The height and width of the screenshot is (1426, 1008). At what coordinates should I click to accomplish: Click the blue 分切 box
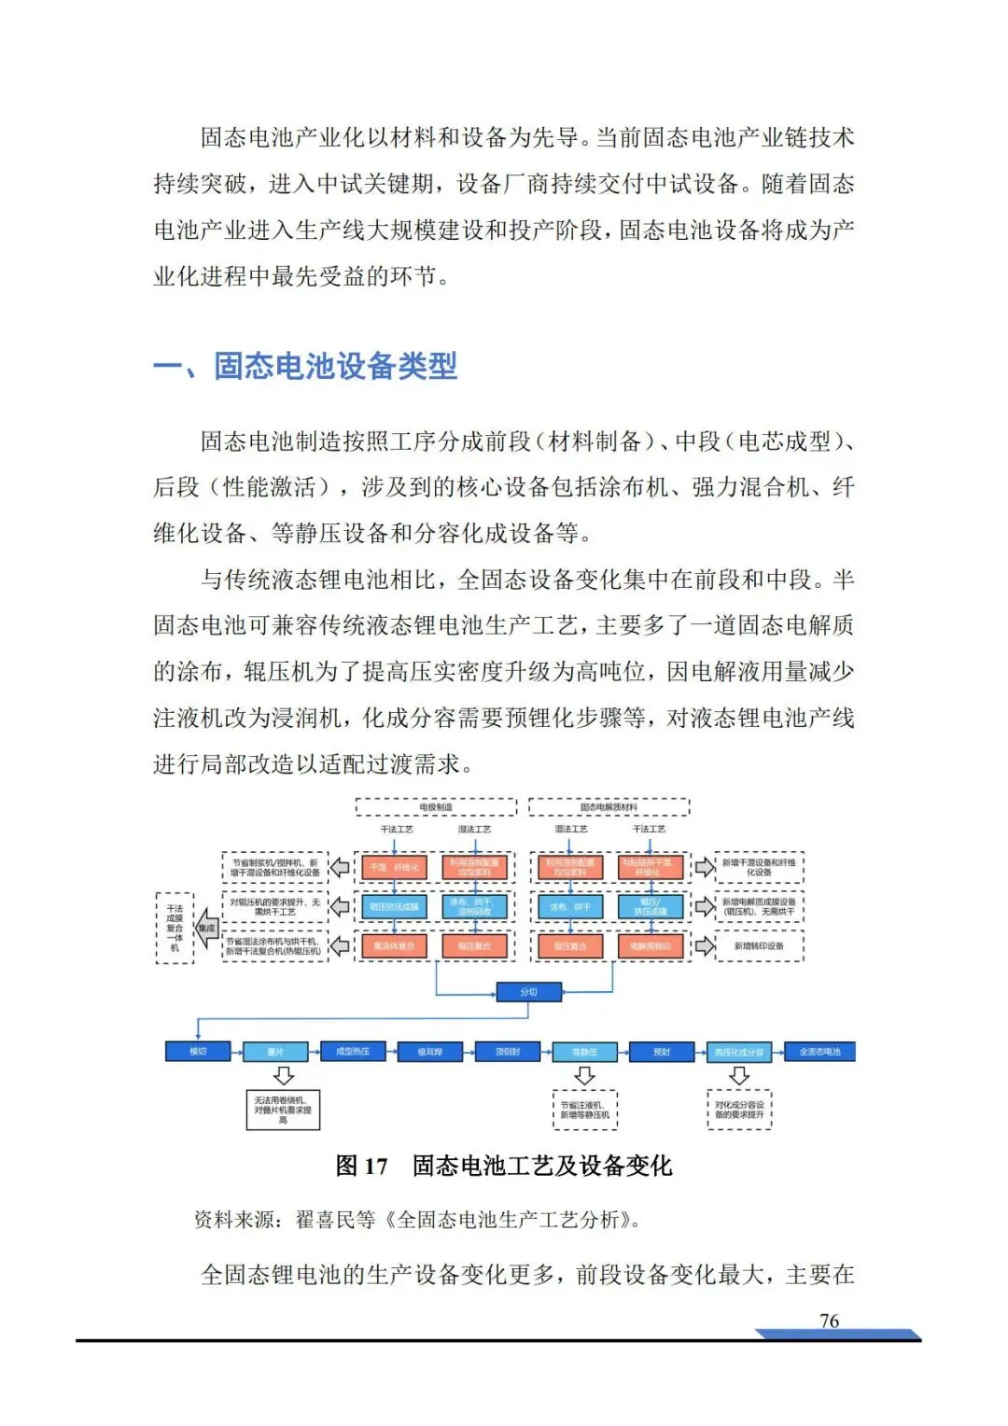(x=528, y=991)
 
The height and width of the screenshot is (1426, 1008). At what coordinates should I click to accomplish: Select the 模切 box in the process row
(x=198, y=1052)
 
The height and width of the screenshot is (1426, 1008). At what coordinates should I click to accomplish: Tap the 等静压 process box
(x=584, y=1052)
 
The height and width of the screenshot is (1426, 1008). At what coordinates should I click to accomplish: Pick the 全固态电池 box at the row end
(x=819, y=1052)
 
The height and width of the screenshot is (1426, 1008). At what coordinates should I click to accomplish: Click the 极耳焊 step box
(x=429, y=1052)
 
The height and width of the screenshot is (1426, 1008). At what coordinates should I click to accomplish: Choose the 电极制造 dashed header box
(x=436, y=807)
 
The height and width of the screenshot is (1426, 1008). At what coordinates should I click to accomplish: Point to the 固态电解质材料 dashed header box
(x=609, y=807)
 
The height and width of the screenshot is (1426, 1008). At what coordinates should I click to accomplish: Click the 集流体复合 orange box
(x=394, y=946)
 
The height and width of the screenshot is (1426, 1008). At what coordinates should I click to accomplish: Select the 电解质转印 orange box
(x=651, y=946)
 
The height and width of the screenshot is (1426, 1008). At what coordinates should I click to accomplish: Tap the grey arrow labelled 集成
(x=205, y=929)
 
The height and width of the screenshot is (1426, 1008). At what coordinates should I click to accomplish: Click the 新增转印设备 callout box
(x=759, y=946)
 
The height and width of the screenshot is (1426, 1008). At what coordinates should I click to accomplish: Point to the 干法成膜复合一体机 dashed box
(x=175, y=928)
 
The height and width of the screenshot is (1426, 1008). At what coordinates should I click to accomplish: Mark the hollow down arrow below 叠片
(x=283, y=1076)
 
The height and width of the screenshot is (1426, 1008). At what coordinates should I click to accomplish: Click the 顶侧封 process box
(x=508, y=1052)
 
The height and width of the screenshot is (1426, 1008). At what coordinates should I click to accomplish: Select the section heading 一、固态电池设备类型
(x=305, y=366)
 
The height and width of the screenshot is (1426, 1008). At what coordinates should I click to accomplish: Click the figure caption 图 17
(x=361, y=1166)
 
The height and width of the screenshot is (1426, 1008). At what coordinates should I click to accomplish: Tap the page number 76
(x=829, y=1321)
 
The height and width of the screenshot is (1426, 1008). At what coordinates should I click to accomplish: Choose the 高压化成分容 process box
(x=739, y=1052)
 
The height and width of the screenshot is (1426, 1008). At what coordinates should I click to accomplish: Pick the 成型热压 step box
(x=353, y=1052)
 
